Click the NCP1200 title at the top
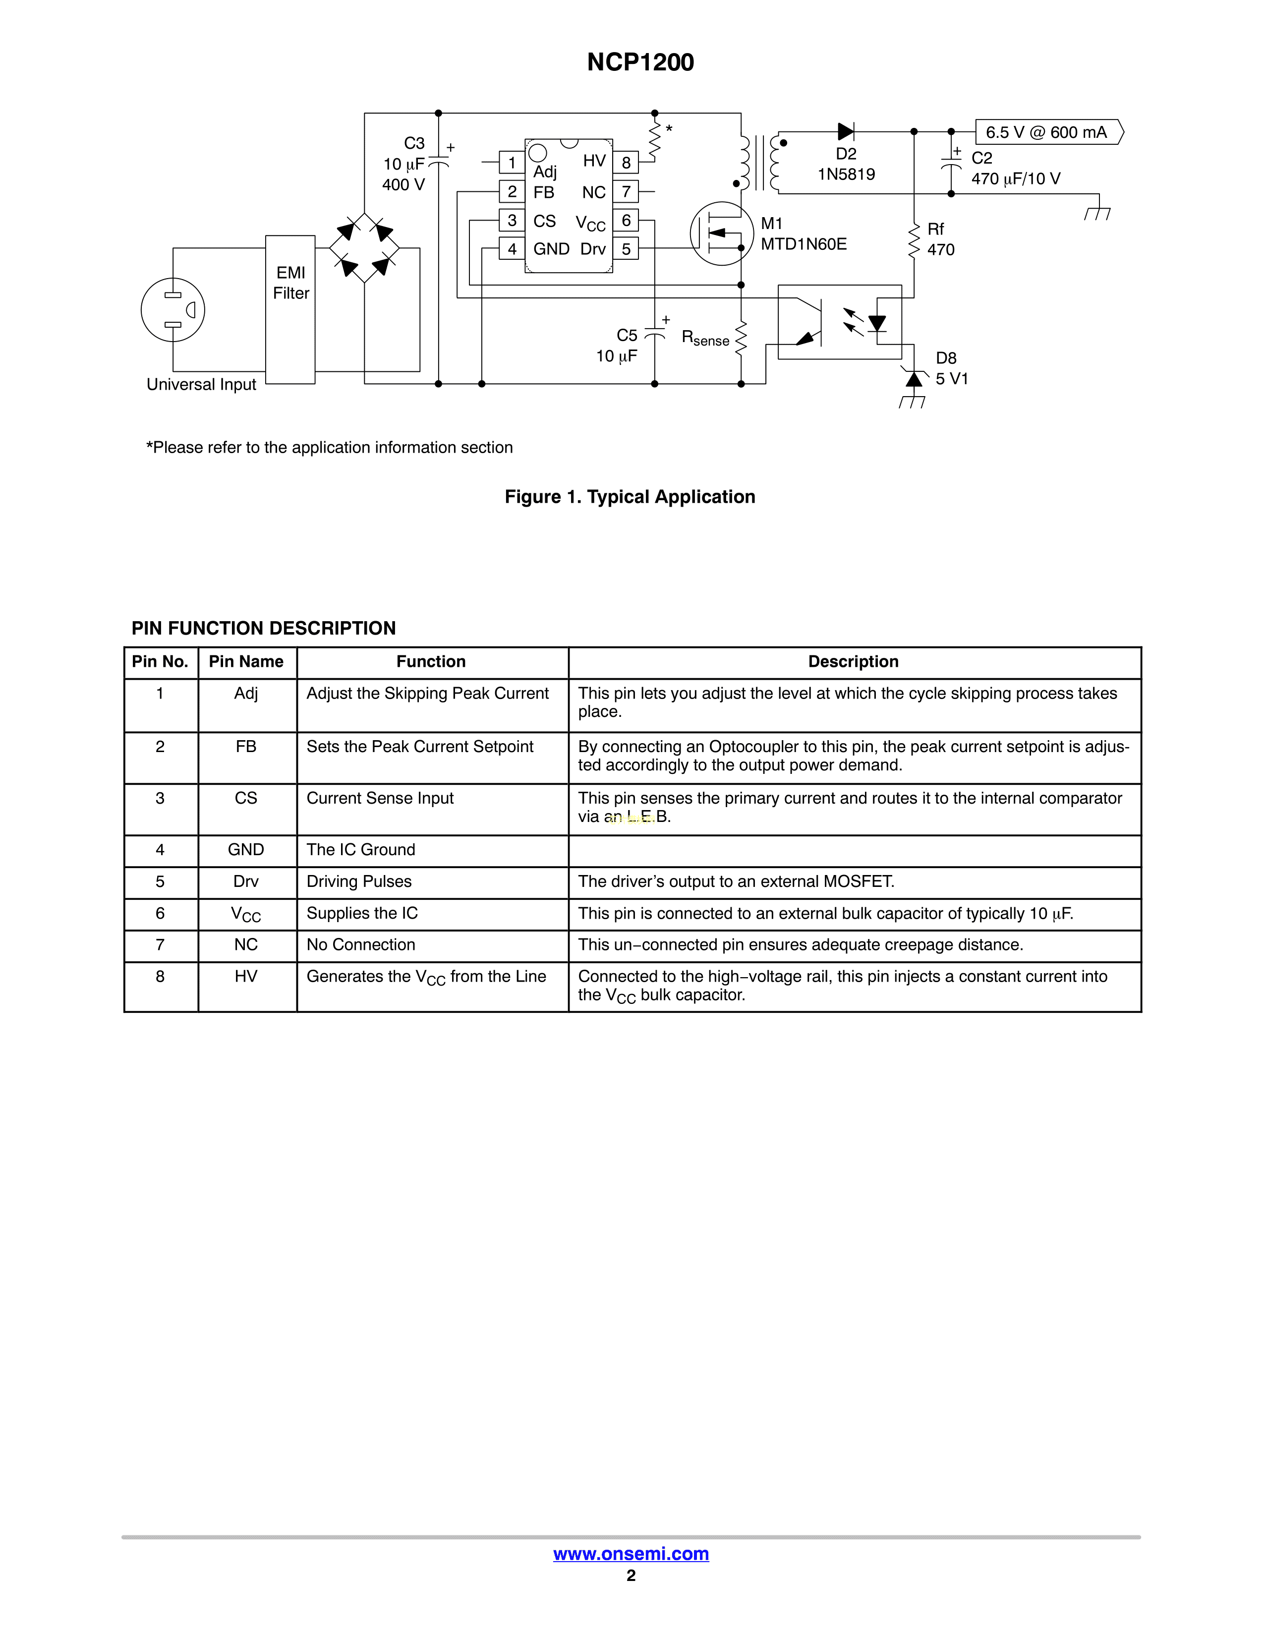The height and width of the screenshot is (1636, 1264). [x=640, y=62]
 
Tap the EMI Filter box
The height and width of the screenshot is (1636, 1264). [x=290, y=309]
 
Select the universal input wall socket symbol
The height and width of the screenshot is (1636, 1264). [x=173, y=309]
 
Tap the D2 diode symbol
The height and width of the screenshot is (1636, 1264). [x=846, y=132]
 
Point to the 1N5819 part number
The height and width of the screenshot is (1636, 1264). [x=846, y=175]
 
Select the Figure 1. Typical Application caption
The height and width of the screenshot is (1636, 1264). [x=630, y=497]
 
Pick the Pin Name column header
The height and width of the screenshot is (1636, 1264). [x=246, y=661]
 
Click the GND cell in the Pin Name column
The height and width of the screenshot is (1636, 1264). [x=246, y=849]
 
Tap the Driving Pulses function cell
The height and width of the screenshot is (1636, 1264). [x=359, y=881]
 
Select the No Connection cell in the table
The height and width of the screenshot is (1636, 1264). [x=361, y=944]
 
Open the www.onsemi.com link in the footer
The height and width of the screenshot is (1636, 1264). [x=631, y=1554]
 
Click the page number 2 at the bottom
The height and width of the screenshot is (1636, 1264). [x=631, y=1576]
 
